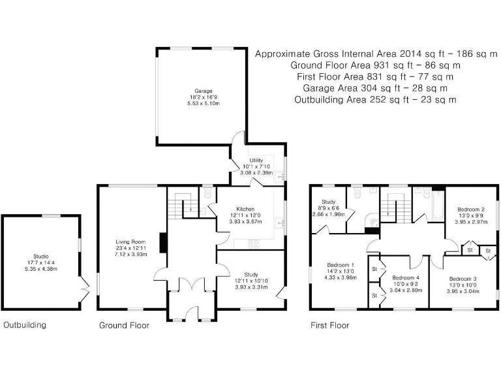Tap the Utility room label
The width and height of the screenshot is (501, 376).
[x=256, y=160]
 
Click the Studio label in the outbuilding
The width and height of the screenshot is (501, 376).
[x=40, y=256]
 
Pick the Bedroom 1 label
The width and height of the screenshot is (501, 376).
[x=340, y=265]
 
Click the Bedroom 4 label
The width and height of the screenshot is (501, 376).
[x=406, y=277]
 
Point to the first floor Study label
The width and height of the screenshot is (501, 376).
[x=327, y=202]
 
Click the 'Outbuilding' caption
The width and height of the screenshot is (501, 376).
[x=25, y=325]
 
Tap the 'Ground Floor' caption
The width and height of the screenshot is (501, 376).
[x=124, y=325]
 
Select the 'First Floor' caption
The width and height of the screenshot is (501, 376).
[x=329, y=325]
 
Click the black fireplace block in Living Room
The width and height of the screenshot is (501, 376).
[x=164, y=242]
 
